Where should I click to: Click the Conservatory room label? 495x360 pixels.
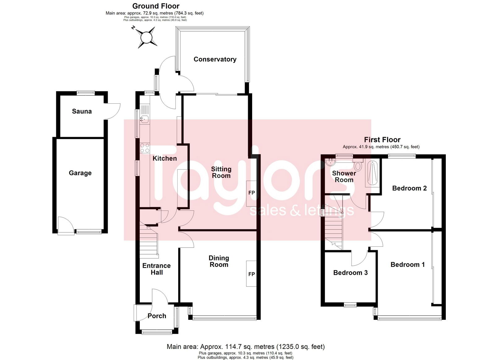(215, 59)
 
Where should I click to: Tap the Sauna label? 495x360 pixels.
(82, 111)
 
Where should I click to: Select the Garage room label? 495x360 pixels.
(80, 173)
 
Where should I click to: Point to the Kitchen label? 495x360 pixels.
(165, 158)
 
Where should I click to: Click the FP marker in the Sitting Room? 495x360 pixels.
(252, 193)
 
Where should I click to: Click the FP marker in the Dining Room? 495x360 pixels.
(252, 274)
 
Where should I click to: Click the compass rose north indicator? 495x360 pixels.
(133, 28)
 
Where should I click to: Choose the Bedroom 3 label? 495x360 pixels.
(350, 273)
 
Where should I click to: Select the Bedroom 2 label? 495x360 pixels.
(409, 188)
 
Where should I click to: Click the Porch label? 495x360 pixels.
(157, 316)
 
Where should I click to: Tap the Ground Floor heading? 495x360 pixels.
(156, 6)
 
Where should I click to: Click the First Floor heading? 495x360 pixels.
(382, 140)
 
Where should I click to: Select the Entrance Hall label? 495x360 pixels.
(157, 269)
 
